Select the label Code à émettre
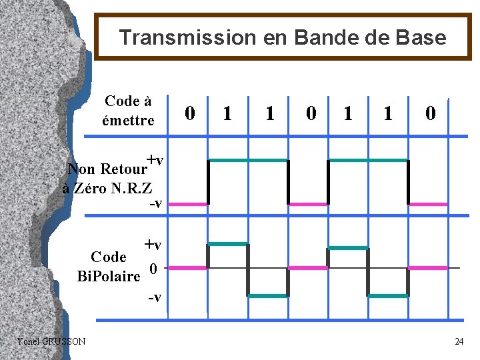[128, 111]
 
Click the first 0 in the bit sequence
[190, 114]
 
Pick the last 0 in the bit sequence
[431, 114]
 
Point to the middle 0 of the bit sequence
[311, 114]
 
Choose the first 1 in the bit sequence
[228, 114]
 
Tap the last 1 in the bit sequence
[388, 114]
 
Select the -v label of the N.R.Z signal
[155, 203]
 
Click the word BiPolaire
[109, 276]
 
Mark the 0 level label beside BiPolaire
[153, 269]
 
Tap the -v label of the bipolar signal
[155, 295]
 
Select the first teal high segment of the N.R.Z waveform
[248, 161]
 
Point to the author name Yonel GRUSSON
[51, 341]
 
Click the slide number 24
[459, 342]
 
